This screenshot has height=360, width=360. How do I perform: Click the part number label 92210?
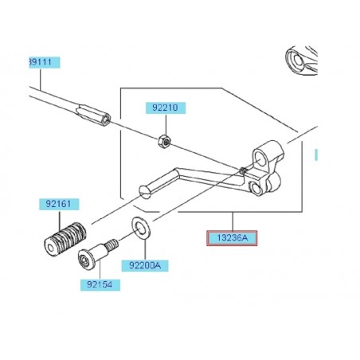click(163, 106)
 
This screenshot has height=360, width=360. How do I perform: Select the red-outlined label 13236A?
click(233, 238)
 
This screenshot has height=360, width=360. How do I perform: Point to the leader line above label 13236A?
click(233, 221)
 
